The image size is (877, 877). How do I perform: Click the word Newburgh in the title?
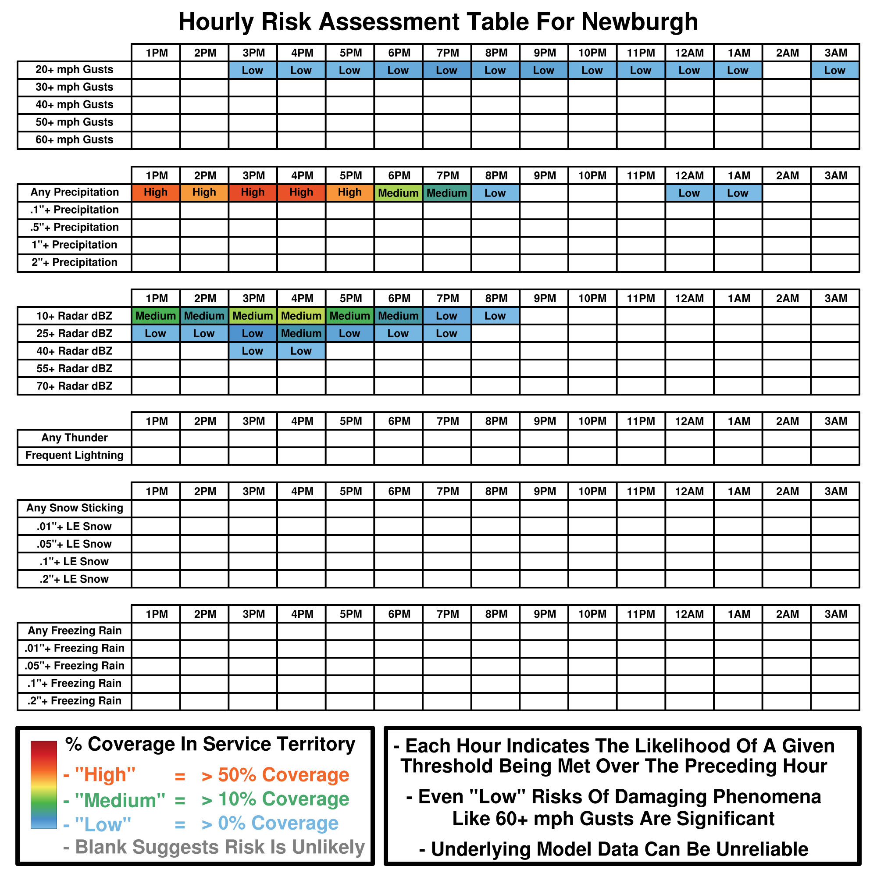point(640,21)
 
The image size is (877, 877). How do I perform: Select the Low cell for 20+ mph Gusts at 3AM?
point(835,70)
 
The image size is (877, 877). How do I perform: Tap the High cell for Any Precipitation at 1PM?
point(156,193)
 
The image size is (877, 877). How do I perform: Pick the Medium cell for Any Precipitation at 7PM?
point(447,193)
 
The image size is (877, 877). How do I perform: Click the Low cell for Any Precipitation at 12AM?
point(689,193)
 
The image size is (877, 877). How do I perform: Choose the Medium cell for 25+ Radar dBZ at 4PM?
point(301,334)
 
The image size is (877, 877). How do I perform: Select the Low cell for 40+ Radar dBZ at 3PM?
point(253,351)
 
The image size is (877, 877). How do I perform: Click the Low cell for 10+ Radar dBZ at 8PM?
point(495,316)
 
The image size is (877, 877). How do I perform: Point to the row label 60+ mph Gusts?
point(75,140)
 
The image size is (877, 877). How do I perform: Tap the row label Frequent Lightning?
point(75,455)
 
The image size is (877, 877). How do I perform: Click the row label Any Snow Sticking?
point(75,508)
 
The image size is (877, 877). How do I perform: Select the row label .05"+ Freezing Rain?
point(75,666)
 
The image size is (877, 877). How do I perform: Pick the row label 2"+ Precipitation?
point(75,262)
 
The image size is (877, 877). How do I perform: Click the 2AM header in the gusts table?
point(787,53)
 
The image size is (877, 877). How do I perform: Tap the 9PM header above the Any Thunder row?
point(544,421)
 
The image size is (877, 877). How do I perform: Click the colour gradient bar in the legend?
point(43,785)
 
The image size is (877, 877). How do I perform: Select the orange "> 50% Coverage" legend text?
point(275,775)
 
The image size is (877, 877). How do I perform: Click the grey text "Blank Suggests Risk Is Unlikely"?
point(220,847)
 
